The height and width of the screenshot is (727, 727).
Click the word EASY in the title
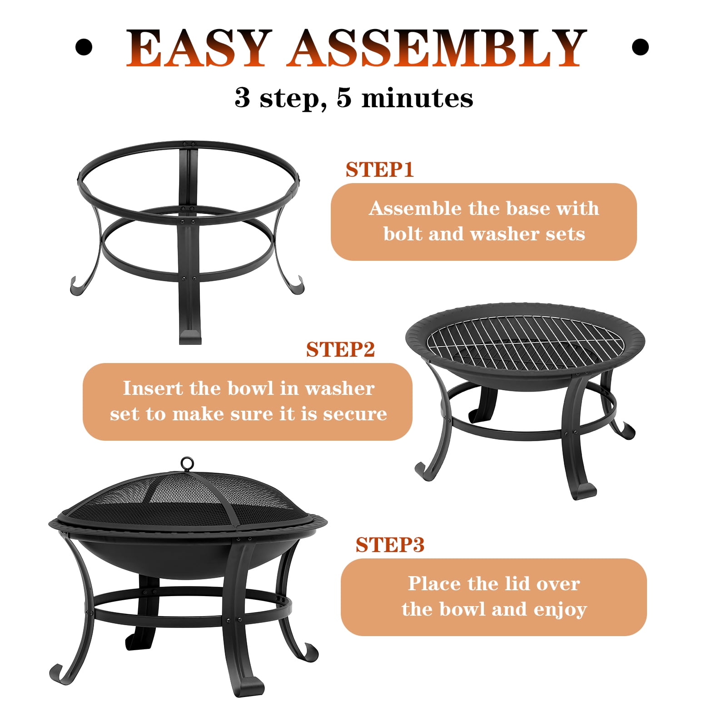point(199,47)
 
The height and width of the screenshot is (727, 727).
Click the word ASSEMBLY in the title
point(436,47)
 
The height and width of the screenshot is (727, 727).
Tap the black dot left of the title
point(84,47)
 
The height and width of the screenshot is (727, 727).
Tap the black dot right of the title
point(640,47)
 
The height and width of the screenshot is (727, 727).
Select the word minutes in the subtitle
point(417,98)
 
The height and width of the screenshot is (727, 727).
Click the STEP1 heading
point(380,169)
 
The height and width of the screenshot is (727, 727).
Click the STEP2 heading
point(340,349)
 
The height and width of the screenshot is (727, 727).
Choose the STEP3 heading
point(390,544)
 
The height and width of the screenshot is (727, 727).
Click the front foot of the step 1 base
point(189,336)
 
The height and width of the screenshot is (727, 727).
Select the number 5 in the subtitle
point(344,98)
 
